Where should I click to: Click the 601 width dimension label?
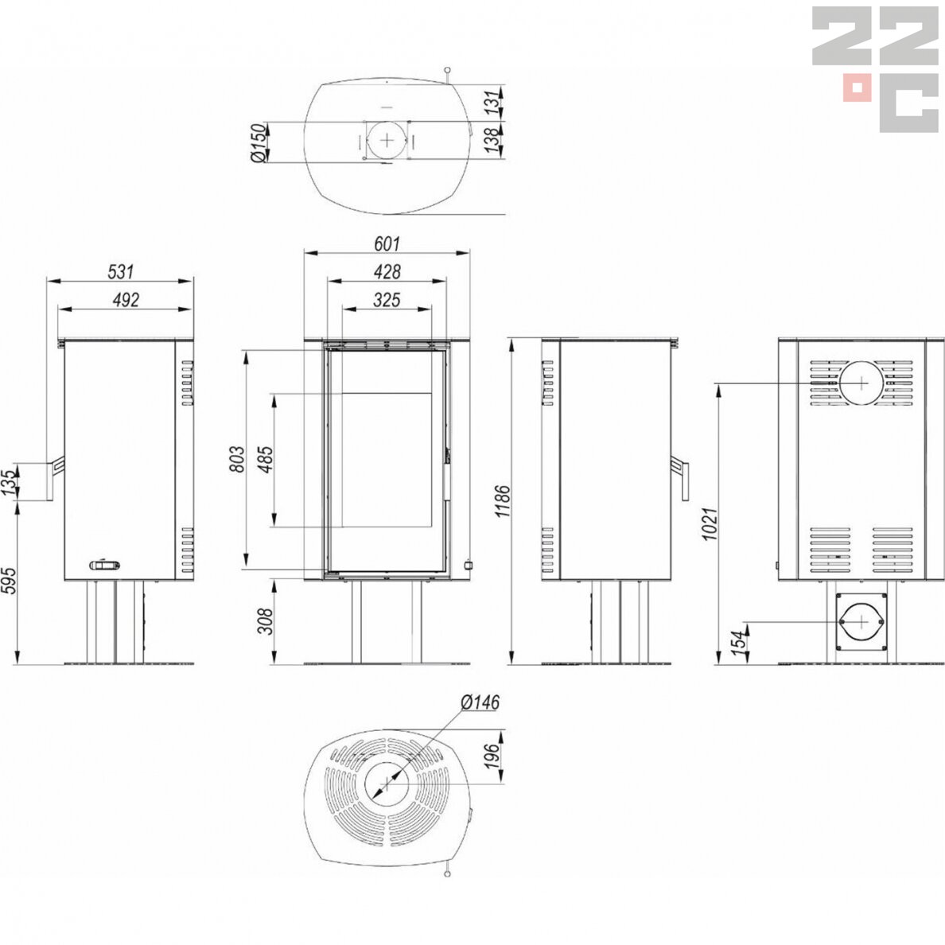(x=387, y=243)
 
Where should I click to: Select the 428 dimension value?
(x=387, y=272)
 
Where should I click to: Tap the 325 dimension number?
(x=387, y=300)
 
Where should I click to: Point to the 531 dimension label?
(x=121, y=272)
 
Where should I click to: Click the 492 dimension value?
(x=126, y=300)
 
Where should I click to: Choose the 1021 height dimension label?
(x=711, y=523)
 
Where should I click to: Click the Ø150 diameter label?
(x=258, y=143)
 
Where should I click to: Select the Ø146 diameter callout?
(x=480, y=702)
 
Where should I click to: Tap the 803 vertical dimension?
(x=238, y=459)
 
